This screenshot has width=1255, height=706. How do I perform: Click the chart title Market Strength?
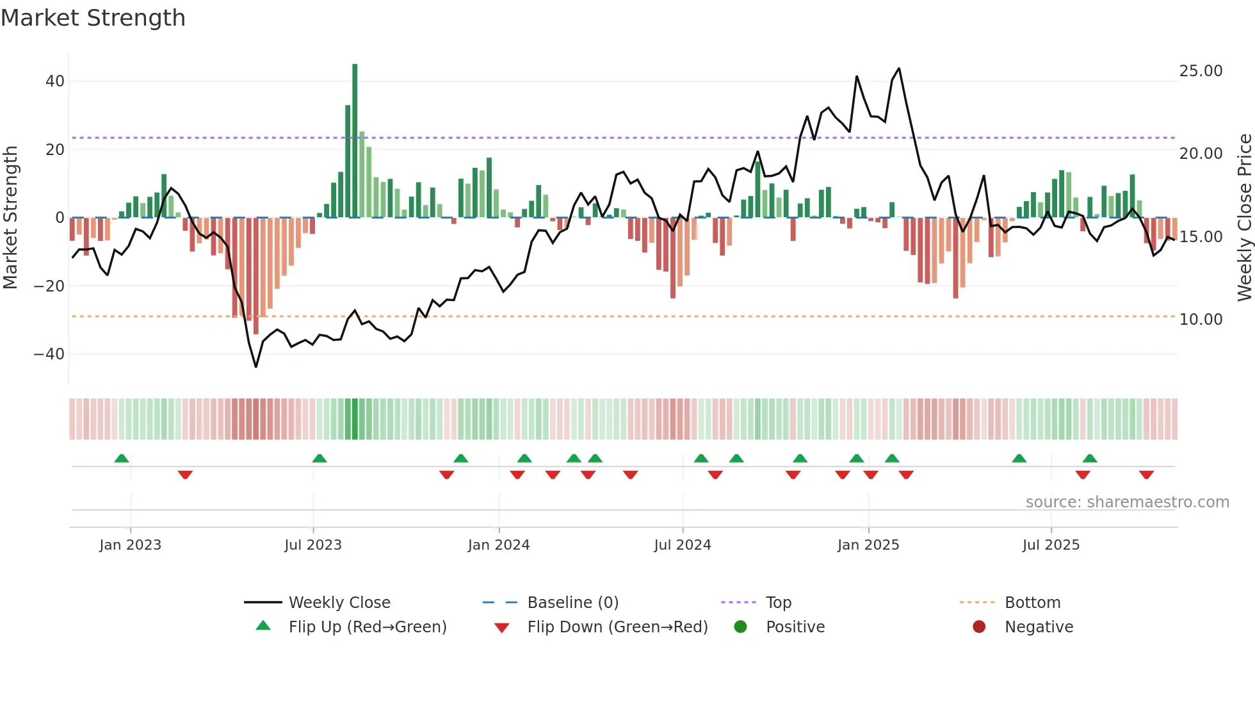tap(93, 18)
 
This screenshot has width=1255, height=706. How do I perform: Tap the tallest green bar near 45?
tap(355, 141)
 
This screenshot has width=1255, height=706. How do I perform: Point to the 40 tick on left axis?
tap(55, 81)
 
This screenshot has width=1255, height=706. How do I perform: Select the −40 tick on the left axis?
tap(50, 354)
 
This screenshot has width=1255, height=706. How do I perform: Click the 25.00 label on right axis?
tap(1201, 71)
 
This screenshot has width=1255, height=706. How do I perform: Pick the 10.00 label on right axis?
tap(1201, 319)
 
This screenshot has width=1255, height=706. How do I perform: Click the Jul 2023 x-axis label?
tap(312, 545)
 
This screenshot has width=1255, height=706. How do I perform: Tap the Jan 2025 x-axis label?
tap(868, 545)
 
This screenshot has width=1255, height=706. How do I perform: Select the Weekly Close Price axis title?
tap(1244, 218)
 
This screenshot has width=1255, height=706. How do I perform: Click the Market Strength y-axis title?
tap(10, 218)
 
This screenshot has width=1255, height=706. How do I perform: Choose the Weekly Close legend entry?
tap(339, 603)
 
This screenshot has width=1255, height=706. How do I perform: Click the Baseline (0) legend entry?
tap(572, 603)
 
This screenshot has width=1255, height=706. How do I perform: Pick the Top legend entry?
tap(778, 603)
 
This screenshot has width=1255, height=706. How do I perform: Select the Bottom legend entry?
tap(1032, 603)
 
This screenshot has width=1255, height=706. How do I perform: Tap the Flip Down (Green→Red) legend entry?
tap(617, 627)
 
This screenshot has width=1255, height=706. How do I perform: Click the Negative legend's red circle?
tap(978, 627)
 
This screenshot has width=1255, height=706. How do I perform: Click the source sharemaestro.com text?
tap(1127, 502)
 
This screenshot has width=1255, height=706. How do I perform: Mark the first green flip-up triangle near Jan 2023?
tap(122, 458)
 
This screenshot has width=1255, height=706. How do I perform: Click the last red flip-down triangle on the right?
tap(1146, 475)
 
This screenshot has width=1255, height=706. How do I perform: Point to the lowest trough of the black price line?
tap(256, 366)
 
